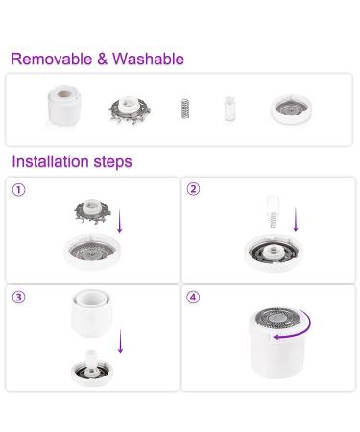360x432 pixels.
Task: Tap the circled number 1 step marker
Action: click(x=18, y=189)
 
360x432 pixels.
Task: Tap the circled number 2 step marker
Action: click(x=194, y=189)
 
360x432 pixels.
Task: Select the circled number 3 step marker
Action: click(x=18, y=298)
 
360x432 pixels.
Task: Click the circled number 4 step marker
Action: click(x=194, y=298)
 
